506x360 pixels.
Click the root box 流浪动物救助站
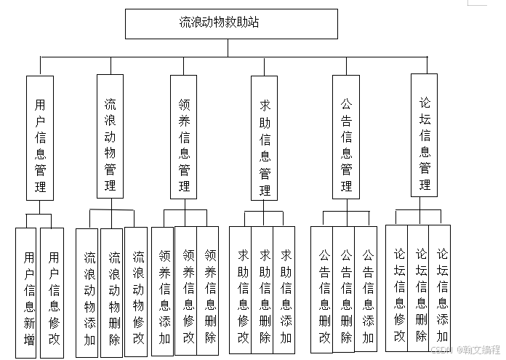pyautogui.click(x=231, y=23)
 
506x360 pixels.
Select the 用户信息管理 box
pyautogui.click(x=40, y=137)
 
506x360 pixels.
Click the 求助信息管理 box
pyautogui.click(x=265, y=137)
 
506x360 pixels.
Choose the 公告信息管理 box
pyautogui.click(x=346, y=136)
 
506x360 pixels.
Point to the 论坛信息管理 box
pyautogui.click(x=424, y=135)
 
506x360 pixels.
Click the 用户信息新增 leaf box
pyautogui.click(x=26, y=292)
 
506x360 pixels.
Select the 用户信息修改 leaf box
pyautogui.click(x=53, y=292)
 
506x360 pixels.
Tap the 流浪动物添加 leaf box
pyautogui.click(x=87, y=292)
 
